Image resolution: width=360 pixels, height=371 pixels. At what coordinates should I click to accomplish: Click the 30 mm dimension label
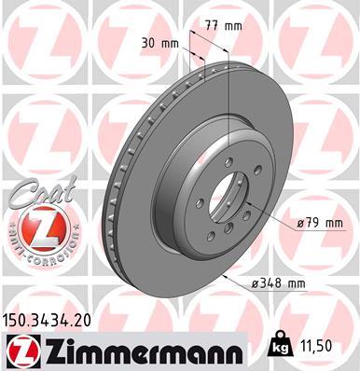[159, 42]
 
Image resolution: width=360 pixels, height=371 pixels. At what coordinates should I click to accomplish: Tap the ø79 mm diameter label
[320, 224]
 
